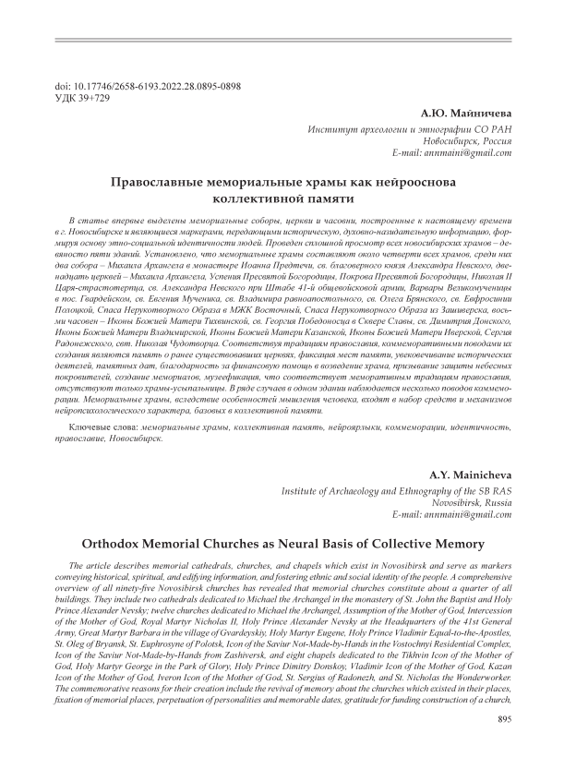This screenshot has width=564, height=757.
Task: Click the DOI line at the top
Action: [x=135, y=86]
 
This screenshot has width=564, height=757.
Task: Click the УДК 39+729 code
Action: [x=83, y=98]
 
